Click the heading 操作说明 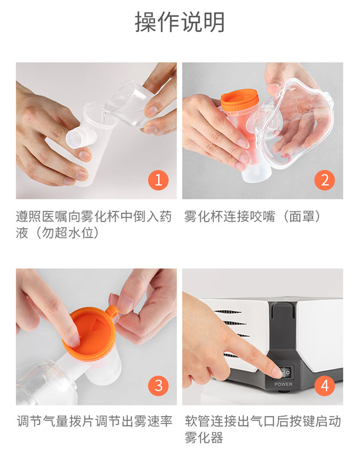pyautogui.click(x=180, y=22)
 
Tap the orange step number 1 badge pyautogui.click(x=158, y=180)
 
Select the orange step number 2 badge pyautogui.click(x=324, y=180)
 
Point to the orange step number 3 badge pyautogui.click(x=158, y=385)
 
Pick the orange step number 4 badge pyautogui.click(x=324, y=385)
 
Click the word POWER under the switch pyautogui.click(x=283, y=384)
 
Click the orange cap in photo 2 pyautogui.click(x=239, y=100)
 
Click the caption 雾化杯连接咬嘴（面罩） pyautogui.click(x=252, y=216)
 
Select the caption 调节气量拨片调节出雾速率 pyautogui.click(x=95, y=421)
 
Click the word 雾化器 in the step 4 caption pyautogui.click(x=204, y=438)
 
